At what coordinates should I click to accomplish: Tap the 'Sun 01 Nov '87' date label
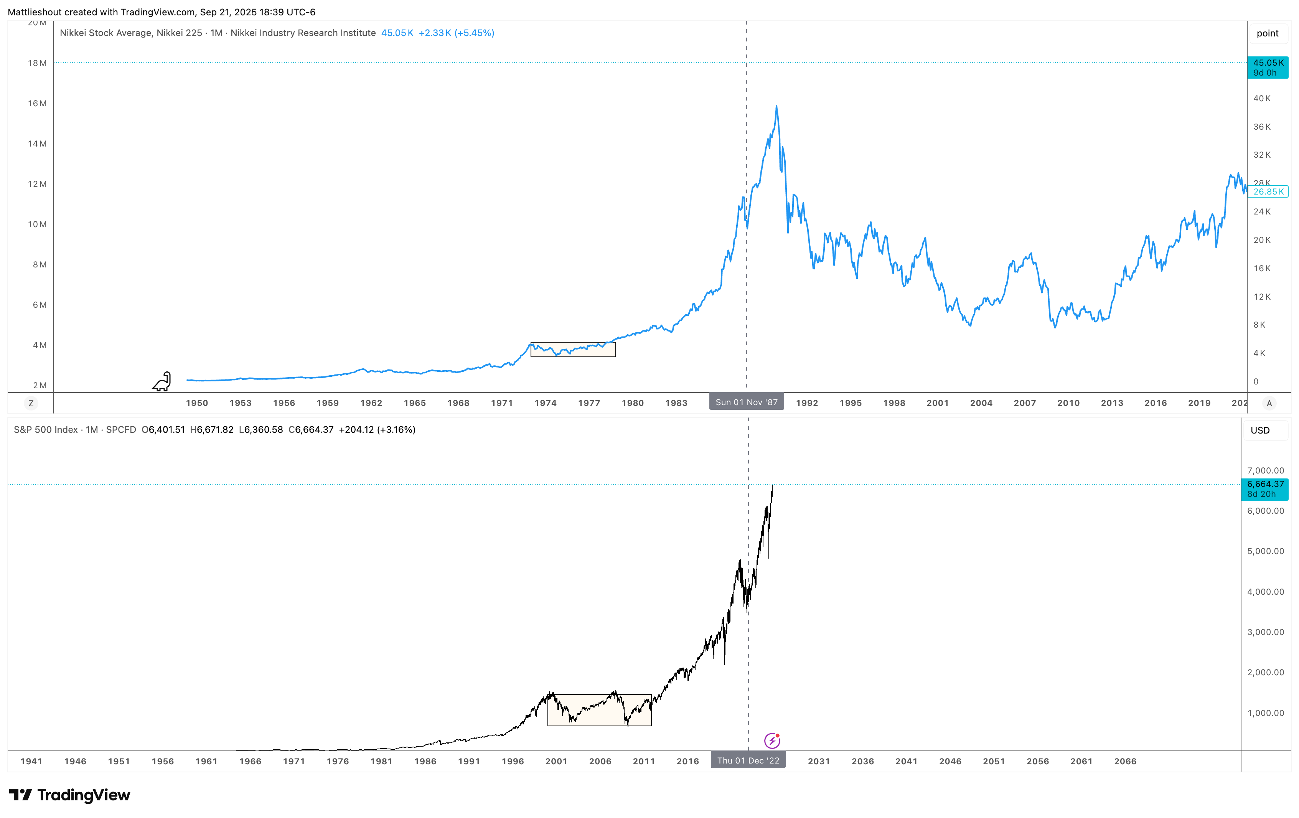click(746, 402)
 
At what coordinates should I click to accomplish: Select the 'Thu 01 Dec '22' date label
click(748, 760)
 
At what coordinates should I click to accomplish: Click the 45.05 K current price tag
click(1267, 68)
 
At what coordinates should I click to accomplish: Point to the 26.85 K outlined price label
click(1268, 191)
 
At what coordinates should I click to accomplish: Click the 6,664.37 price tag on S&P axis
click(1265, 489)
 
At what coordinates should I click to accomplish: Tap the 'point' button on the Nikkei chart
click(1267, 33)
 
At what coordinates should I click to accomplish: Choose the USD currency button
click(1260, 430)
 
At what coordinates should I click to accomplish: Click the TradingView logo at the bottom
click(70, 795)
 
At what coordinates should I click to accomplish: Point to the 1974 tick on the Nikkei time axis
click(546, 403)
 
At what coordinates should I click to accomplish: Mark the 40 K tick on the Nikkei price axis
click(1262, 98)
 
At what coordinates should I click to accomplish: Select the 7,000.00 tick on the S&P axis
click(1266, 470)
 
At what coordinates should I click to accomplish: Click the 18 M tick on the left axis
click(37, 63)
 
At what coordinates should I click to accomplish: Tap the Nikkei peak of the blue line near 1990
click(776, 106)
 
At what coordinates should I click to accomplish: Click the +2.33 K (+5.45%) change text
click(457, 33)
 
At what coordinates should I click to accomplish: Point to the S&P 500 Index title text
click(46, 429)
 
